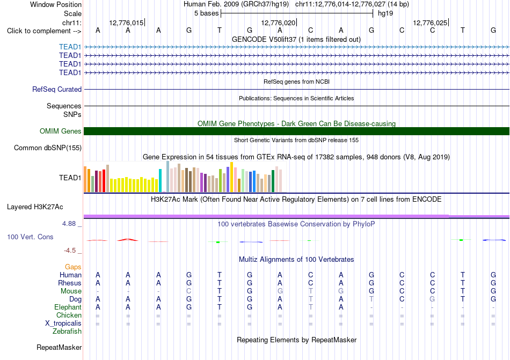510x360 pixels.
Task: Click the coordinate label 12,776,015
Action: coord(126,23)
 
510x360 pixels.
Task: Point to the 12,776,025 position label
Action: coord(430,23)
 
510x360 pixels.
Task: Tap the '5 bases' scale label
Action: coord(207,13)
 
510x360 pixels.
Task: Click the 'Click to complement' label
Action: coord(44,31)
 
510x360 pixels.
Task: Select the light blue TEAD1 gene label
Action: coord(70,47)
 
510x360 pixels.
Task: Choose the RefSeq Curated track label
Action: coord(57,89)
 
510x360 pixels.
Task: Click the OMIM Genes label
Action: coord(61,131)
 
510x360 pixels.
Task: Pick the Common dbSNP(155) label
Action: coord(48,148)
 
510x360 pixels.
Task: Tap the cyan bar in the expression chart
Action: coord(160,181)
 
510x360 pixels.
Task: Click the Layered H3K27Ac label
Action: coord(35,207)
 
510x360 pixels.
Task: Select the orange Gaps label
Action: coord(73,267)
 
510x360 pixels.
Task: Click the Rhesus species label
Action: coord(70,283)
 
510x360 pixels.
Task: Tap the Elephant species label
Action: coord(68,307)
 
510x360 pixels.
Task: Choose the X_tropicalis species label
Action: coord(63,324)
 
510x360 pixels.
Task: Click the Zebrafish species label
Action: coord(67,332)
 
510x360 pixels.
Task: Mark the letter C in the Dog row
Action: coord(402,299)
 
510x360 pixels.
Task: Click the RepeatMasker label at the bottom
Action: coord(59,347)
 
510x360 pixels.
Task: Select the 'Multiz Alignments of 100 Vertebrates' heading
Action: coord(296,259)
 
